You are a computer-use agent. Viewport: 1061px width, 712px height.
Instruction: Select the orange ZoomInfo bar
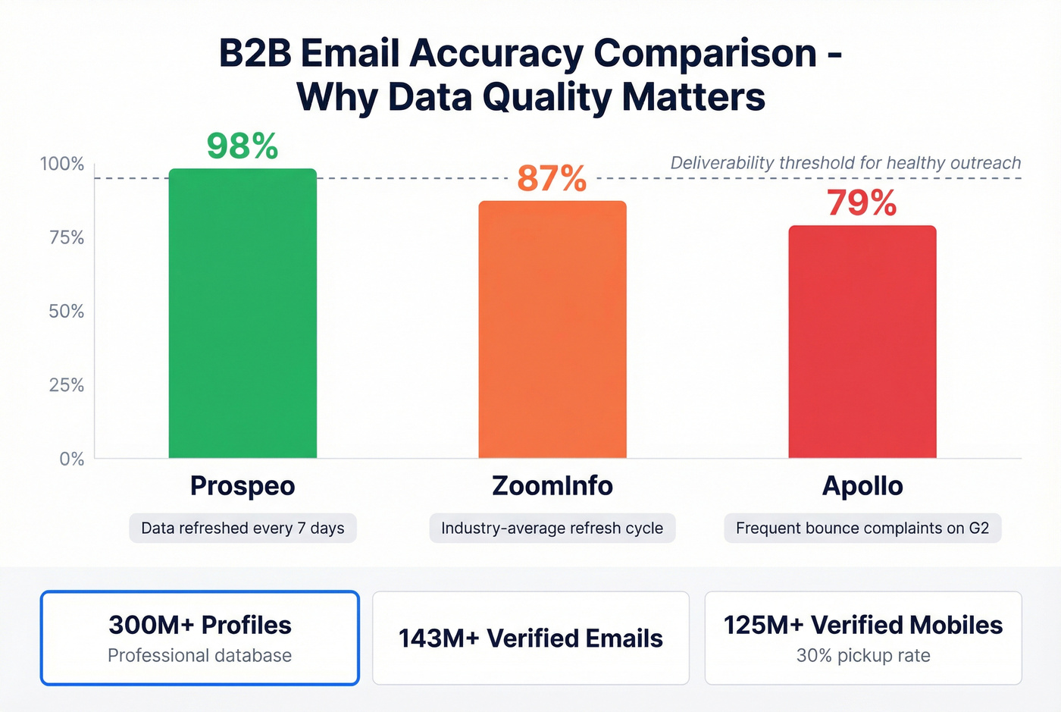tap(552, 329)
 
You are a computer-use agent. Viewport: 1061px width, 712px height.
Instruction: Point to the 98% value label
tap(243, 146)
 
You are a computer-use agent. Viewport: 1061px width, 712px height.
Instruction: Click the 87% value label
tap(552, 179)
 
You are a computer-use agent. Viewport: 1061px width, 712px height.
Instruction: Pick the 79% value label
tap(862, 203)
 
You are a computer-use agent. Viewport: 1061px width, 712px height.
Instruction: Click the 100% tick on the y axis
tap(62, 164)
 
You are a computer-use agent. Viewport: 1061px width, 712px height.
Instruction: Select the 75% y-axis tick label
tap(66, 238)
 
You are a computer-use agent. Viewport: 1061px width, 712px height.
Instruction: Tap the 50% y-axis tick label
tap(66, 312)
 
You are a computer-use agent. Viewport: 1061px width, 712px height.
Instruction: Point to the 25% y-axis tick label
tap(66, 385)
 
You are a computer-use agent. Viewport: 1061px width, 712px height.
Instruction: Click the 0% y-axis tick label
tap(71, 459)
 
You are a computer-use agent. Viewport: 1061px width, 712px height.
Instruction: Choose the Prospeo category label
tap(243, 485)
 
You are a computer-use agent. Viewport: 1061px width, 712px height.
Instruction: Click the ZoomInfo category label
tap(552, 485)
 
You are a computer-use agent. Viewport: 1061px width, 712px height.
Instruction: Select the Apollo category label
tap(862, 485)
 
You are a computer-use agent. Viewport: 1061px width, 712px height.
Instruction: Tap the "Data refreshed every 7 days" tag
tap(243, 528)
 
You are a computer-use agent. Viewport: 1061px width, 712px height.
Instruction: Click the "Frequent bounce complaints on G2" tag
tap(862, 528)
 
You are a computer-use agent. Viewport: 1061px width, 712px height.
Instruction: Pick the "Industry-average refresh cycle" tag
tap(552, 528)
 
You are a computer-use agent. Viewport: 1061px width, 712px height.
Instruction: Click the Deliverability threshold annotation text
tap(846, 163)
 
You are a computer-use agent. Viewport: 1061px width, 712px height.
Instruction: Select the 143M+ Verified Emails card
tap(530, 638)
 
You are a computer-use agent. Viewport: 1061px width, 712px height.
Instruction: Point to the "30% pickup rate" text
tap(863, 656)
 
